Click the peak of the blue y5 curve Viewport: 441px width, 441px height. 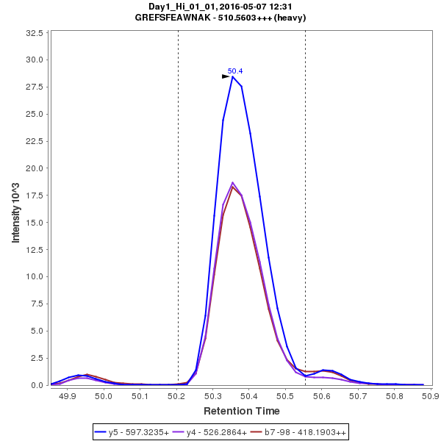pyautogui.click(x=232, y=76)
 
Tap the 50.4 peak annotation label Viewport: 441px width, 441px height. pyautogui.click(x=235, y=71)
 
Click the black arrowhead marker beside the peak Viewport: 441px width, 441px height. pyautogui.click(x=226, y=76)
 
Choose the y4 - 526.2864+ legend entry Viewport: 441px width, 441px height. pyautogui.click(x=213, y=432)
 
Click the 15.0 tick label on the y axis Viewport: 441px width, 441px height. pyautogui.click(x=34, y=222)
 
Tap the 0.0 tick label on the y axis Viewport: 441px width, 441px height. pyautogui.click(x=37, y=385)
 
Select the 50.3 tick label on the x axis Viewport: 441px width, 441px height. pyautogui.click(x=212, y=396)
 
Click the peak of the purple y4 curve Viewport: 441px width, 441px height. pyautogui.click(x=232, y=182)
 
